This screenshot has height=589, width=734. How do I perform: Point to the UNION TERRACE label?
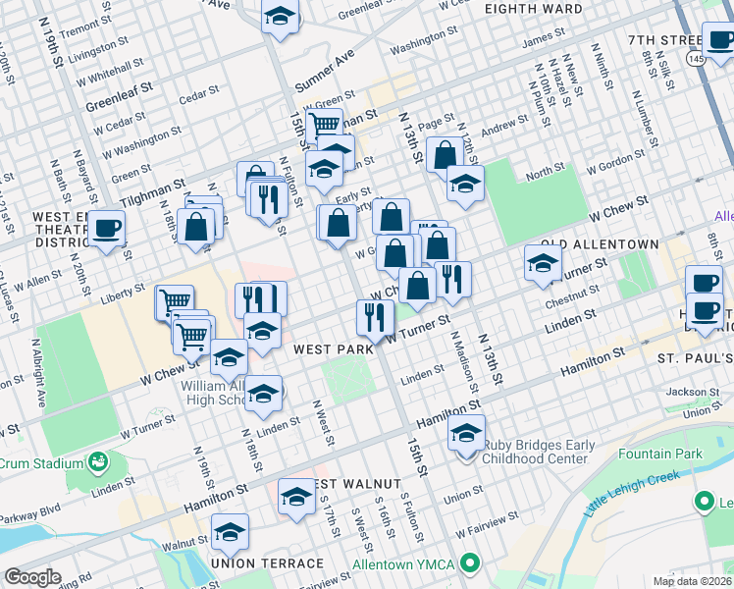click(267, 562)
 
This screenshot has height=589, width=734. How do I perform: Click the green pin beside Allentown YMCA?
click(470, 562)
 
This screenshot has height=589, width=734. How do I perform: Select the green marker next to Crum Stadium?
click(98, 461)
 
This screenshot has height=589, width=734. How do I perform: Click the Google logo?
click(31, 577)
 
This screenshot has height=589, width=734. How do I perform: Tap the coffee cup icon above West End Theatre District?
click(108, 230)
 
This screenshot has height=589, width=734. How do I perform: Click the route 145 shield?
click(696, 60)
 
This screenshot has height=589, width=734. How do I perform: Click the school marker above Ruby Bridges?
click(466, 432)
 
